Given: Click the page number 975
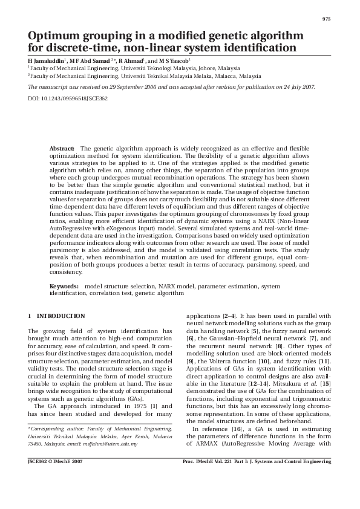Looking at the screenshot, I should [x=326, y=19].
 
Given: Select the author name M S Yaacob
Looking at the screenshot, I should [x=175, y=61].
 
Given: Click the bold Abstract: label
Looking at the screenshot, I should [x=62, y=148].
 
